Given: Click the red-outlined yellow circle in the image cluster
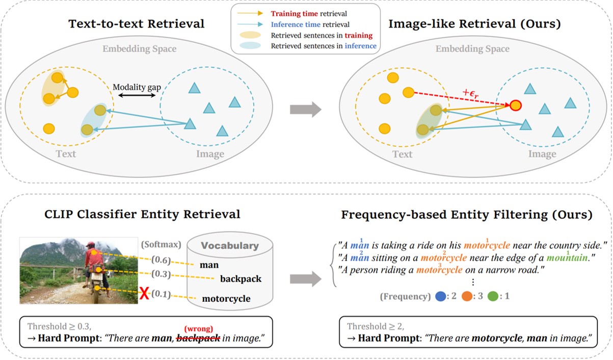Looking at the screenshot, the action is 515,106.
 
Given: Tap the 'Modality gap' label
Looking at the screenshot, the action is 137,87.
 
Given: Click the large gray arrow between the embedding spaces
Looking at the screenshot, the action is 306,110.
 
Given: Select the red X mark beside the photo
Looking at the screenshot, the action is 144,293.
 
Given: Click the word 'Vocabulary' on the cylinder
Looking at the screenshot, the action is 230,246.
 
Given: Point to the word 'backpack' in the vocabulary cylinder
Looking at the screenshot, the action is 241,279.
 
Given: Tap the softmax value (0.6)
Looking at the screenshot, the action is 161,260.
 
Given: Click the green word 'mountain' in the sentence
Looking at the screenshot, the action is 567,258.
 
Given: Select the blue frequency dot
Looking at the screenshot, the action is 441,296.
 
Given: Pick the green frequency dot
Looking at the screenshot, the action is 493,296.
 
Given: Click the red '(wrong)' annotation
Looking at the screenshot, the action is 198,328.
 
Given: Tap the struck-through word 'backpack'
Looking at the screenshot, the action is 198,339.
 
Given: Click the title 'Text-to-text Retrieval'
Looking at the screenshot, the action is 136,23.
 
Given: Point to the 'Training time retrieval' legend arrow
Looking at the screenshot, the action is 250,13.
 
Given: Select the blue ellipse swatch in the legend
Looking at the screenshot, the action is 250,45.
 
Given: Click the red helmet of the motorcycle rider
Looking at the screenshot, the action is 90,245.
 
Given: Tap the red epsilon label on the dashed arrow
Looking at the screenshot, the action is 471,93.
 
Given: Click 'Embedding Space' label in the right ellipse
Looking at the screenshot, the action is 472,49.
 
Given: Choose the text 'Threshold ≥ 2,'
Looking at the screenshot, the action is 376,326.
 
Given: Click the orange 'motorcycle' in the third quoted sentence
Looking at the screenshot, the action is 439,270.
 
